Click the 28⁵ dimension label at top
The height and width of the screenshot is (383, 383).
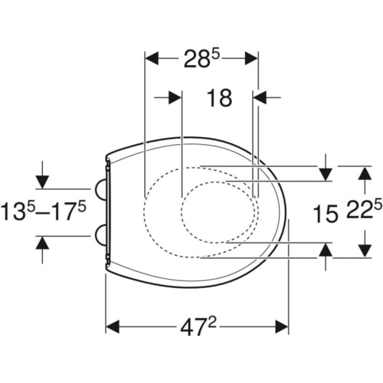coord(201,59)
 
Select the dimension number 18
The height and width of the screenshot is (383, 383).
coord(219,98)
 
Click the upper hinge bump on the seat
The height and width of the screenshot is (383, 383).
coord(100,189)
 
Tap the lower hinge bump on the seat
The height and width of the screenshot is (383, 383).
coord(100,236)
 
